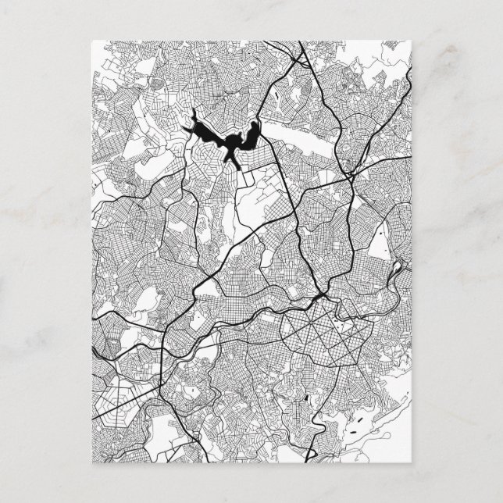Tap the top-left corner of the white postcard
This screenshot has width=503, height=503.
point(91,41)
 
